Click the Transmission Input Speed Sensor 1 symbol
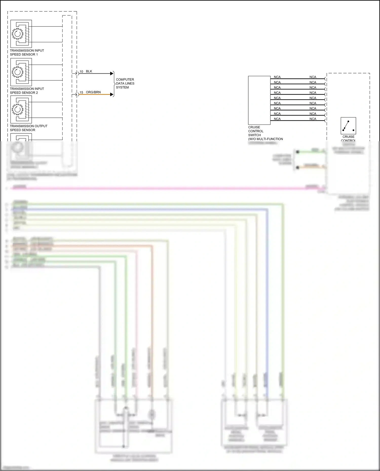pyautogui.click(x=21, y=34)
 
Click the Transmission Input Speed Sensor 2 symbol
pyautogui.click(x=21, y=72)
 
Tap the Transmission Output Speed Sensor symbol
pyautogui.click(x=21, y=109)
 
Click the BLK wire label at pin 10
pyautogui.click(x=89, y=71)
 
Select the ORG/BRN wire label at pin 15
pyautogui.click(x=93, y=92)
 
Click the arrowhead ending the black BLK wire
pyautogui.click(x=112, y=74)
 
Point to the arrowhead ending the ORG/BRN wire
pyautogui.click(x=112, y=95)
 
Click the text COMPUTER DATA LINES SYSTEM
pyautogui.click(x=125, y=83)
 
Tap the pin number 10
pyautogui.click(x=81, y=72)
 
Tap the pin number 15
pyautogui.click(x=81, y=92)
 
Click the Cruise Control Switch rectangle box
pyautogui.click(x=259, y=100)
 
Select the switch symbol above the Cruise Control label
pyautogui.click(x=348, y=126)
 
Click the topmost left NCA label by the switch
pyautogui.click(x=277, y=77)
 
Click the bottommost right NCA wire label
pyautogui.click(x=313, y=119)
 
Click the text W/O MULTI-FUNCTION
pyautogui.click(x=265, y=139)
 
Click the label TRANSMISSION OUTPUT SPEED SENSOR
pyautogui.click(x=28, y=128)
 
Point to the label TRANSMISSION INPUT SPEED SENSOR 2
pyautogui.click(x=27, y=91)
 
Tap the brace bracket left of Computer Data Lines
pyautogui.click(x=114, y=84)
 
